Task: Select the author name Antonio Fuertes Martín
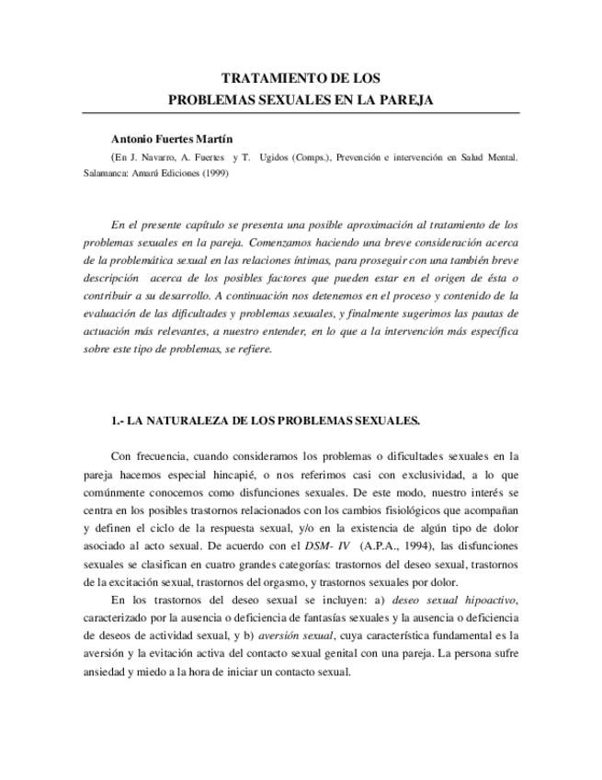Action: pyautogui.click(x=172, y=139)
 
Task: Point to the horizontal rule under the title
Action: pyautogui.click(x=301, y=113)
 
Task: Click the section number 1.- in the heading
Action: pyautogui.click(x=117, y=420)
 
